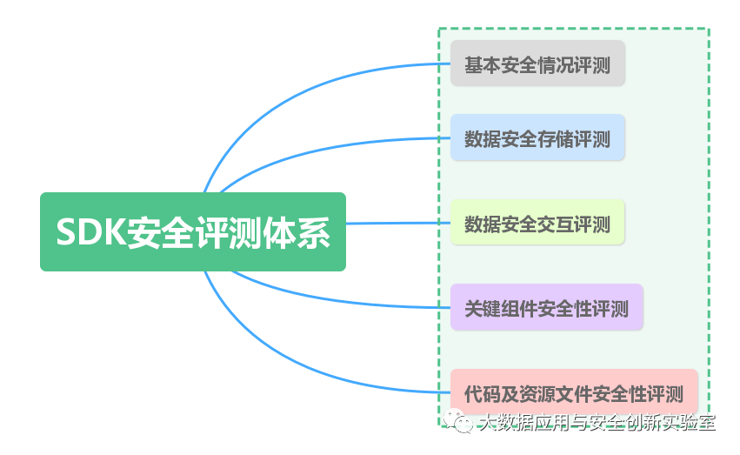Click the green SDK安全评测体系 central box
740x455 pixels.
point(192,232)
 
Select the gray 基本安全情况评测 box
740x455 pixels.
point(537,64)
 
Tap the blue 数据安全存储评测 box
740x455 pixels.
point(537,138)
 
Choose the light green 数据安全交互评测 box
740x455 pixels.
point(537,224)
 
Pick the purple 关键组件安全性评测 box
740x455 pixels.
point(546,308)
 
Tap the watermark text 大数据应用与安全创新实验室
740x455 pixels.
point(598,423)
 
